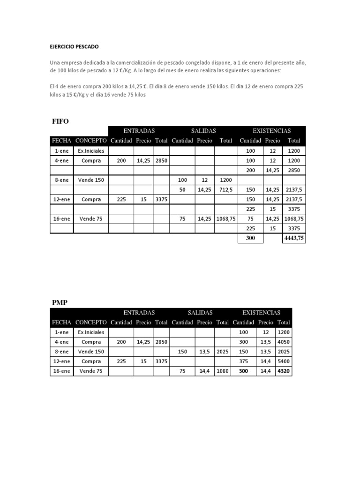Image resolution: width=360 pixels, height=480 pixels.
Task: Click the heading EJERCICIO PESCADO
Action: [x=75, y=47]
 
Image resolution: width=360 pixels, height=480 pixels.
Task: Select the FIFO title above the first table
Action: [x=60, y=121]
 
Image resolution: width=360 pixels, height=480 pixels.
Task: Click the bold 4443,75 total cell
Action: [x=294, y=238]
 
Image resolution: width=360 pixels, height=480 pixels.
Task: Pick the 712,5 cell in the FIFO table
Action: [x=225, y=189]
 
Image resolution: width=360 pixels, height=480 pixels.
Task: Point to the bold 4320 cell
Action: [x=284, y=371]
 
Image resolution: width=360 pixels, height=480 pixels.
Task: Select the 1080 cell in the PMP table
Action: [x=222, y=371]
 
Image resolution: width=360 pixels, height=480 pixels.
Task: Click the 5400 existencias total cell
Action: [x=284, y=361]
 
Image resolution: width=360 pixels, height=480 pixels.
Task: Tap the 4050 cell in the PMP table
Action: [x=284, y=342]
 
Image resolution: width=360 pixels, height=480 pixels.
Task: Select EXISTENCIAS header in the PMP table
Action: [x=261, y=312]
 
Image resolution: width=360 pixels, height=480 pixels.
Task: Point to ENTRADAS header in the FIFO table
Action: [x=139, y=131]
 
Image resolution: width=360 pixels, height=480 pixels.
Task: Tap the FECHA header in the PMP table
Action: [x=61, y=322]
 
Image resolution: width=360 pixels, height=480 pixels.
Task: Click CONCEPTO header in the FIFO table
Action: [x=91, y=141]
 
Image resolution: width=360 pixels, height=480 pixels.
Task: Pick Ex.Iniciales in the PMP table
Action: [x=91, y=332]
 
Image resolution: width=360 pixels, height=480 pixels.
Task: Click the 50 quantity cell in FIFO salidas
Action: [x=182, y=189]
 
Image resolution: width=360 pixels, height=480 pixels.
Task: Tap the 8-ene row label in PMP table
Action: [x=61, y=352]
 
